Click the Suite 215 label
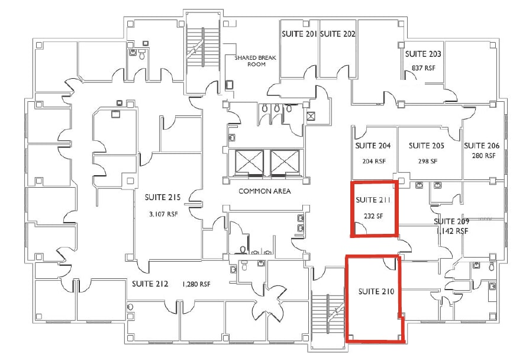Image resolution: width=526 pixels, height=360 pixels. [x=162, y=197]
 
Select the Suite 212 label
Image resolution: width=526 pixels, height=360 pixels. [x=150, y=284]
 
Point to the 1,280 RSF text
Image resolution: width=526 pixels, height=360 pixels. [x=197, y=284]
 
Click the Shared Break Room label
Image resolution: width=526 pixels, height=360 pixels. [x=253, y=60]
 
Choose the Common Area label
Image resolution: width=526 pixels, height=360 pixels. [x=264, y=191]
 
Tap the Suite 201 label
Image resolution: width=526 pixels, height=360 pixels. [x=299, y=34]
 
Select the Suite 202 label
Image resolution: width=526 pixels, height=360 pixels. [x=337, y=34]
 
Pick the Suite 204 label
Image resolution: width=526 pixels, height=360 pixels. [x=373, y=146]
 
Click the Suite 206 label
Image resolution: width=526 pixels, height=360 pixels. [x=482, y=146]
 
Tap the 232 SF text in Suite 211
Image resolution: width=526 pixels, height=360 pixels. [x=374, y=216]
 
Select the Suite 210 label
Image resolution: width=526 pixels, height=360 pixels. [x=376, y=291]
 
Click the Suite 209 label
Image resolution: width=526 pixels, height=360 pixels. [x=451, y=221]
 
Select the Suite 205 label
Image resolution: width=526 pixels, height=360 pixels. [x=427, y=146]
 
